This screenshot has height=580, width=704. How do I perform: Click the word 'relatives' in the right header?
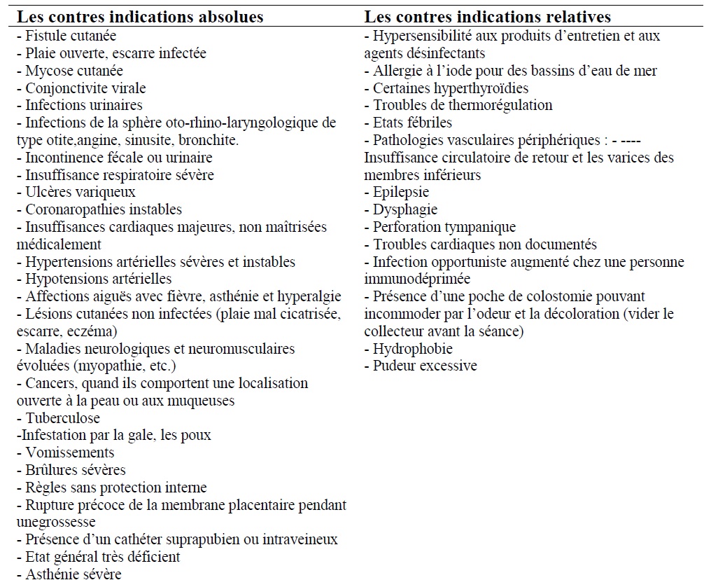click(x=577, y=16)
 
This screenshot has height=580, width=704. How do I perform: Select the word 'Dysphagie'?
click(x=405, y=209)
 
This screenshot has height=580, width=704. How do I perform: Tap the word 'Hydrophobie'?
click(x=413, y=348)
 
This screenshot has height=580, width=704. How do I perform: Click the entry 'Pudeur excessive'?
click(x=421, y=366)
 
